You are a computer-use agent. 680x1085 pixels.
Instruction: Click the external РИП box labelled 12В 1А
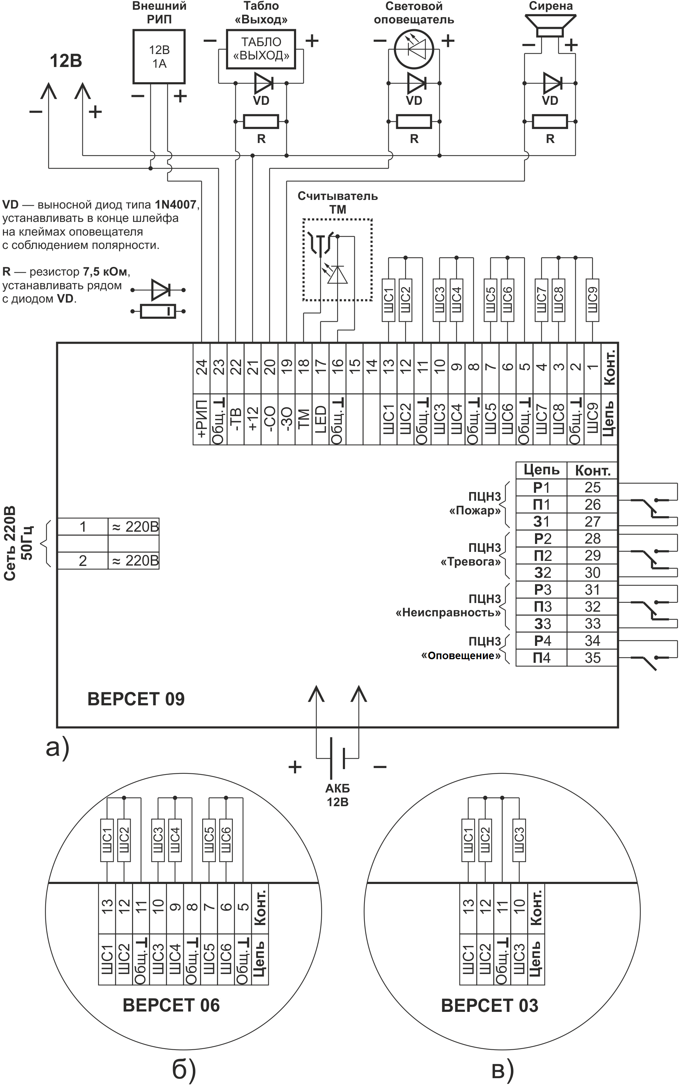coord(159,57)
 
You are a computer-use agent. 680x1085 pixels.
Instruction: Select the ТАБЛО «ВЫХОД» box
coord(261,49)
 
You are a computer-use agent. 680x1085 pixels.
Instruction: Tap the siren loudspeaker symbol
coord(550,26)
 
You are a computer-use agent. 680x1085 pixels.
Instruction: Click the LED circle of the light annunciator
coord(414,49)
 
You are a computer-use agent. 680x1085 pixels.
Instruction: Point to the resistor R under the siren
coord(550,121)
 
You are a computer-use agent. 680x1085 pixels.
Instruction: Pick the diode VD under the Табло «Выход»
coord(263,83)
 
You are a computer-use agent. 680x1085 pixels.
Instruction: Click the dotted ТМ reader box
coord(337,260)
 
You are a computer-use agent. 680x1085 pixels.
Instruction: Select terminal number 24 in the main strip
coord(201,367)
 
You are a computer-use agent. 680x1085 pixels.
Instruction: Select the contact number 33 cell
coord(592,624)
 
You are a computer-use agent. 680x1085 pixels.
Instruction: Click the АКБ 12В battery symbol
coord(337,758)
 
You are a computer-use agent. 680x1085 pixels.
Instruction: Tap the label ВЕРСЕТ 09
coord(136,699)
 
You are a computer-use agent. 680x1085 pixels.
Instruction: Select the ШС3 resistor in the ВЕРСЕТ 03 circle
coord(519,840)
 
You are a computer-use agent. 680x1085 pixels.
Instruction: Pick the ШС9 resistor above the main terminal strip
coord(592,300)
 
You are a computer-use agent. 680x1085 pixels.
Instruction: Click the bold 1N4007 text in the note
coord(176,205)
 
